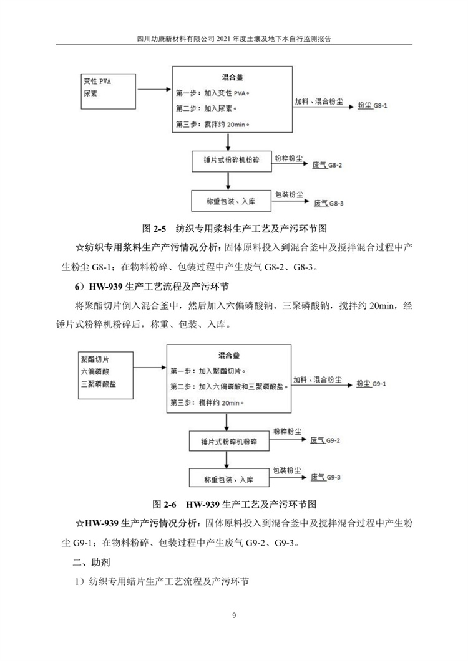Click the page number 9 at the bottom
pos(234,616)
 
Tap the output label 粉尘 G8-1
pos(373,107)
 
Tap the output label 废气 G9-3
pos(325,477)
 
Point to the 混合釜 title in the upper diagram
pos(232,78)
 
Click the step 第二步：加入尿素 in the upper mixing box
pos(207,108)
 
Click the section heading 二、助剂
pos(92,563)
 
